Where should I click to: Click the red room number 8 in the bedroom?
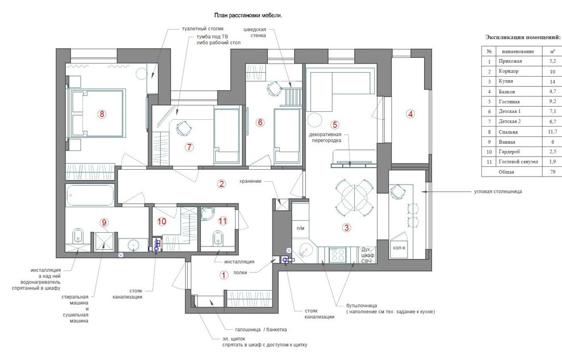tap(102, 114)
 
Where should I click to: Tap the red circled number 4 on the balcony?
tap(410, 114)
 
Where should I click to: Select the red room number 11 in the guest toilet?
tap(223, 221)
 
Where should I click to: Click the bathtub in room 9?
tap(90, 195)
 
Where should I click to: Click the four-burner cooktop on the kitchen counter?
tap(337, 254)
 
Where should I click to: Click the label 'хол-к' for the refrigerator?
tap(399, 248)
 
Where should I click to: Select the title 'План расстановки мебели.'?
tap(248, 15)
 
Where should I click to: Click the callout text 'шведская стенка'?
tap(255, 32)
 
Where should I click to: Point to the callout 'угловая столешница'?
tap(498, 191)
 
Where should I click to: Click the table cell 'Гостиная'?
tap(509, 102)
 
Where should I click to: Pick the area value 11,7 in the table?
tap(552, 132)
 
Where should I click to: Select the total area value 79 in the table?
tap(553, 171)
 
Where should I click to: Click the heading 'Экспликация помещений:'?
tap(523, 37)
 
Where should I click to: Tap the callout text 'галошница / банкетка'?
tap(261, 329)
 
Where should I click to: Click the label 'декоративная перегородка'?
tap(325, 137)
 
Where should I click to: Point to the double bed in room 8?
tap(97, 114)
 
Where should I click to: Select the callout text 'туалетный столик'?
tap(203, 29)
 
